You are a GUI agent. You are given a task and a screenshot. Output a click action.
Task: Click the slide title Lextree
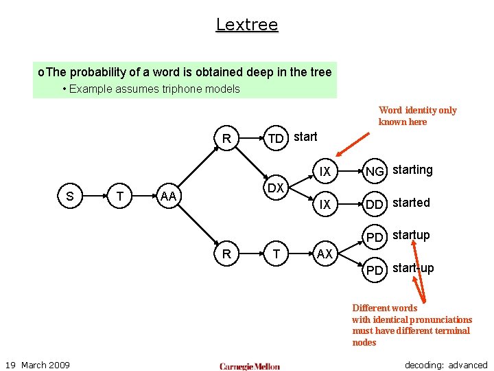click(x=247, y=25)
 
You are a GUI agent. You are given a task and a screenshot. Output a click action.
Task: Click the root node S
click(x=70, y=197)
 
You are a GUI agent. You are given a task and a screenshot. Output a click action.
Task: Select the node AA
click(x=169, y=197)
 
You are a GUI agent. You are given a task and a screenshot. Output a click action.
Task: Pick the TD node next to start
click(x=276, y=139)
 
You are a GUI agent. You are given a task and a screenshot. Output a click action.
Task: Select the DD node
click(x=375, y=204)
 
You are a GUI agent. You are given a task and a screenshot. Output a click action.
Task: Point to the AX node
click(x=325, y=254)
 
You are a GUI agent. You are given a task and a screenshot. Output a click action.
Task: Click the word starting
click(x=412, y=170)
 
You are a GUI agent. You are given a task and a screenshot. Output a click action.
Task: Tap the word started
click(x=411, y=203)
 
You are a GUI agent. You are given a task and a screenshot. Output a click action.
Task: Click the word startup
click(x=411, y=235)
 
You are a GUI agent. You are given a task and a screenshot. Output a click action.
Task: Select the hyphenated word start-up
click(x=413, y=268)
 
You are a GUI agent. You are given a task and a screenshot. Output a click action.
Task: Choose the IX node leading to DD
click(x=325, y=204)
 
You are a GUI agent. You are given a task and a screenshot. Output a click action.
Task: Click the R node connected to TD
click(x=226, y=138)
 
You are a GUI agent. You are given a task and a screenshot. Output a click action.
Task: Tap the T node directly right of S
click(x=120, y=197)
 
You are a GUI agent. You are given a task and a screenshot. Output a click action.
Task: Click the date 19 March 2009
click(x=37, y=364)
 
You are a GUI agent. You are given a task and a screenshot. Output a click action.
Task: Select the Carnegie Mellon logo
click(x=250, y=366)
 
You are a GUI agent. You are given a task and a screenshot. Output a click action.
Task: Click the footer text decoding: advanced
click(x=446, y=365)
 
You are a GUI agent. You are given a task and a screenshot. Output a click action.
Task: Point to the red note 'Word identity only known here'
click(x=417, y=115)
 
